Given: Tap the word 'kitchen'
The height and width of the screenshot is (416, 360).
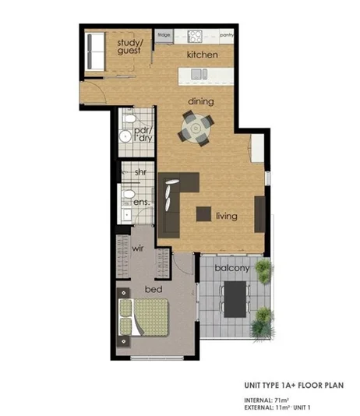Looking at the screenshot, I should pos(202,55).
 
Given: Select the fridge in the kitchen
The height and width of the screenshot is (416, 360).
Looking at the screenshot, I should pos(164,35).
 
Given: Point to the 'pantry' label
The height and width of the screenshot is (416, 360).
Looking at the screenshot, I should pos(227,35).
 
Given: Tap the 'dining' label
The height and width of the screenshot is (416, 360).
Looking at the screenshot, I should pos(201,101).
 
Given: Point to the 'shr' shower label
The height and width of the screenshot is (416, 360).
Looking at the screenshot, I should pos(141,171).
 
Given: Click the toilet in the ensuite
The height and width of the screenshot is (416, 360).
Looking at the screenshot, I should pos(129,192).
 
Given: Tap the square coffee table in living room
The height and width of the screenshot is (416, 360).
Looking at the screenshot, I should pos(204,214).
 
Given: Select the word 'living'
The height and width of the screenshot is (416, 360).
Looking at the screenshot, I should pos(227,216).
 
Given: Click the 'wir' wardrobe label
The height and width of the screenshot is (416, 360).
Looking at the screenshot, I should pos(139,249).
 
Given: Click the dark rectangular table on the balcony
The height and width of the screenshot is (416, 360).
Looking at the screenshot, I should pos(234,298).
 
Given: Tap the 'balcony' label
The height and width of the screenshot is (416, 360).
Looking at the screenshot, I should pos(232,268).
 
